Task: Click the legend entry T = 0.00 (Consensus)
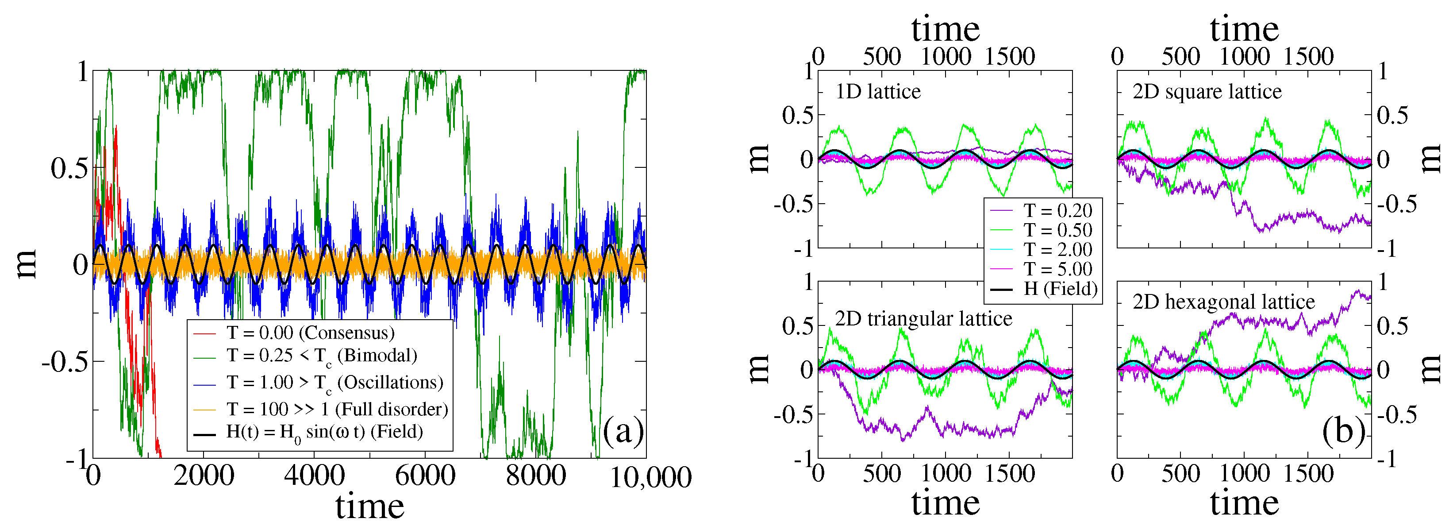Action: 310,333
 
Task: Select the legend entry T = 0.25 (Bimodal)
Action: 322,356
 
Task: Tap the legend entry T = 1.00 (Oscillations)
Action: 334,383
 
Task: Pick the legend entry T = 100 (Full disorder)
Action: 337,409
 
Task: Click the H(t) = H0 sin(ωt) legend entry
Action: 324,432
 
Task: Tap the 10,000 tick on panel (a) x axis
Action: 650,477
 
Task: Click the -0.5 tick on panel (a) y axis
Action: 65,361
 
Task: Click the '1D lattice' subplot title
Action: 878,92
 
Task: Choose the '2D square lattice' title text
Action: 1207,92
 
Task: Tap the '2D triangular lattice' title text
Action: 923,319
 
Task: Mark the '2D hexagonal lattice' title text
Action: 1223,302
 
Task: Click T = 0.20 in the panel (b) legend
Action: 1057,210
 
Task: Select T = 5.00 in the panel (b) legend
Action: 1057,269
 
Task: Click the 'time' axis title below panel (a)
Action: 369,506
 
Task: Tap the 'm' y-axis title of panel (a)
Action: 27,264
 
